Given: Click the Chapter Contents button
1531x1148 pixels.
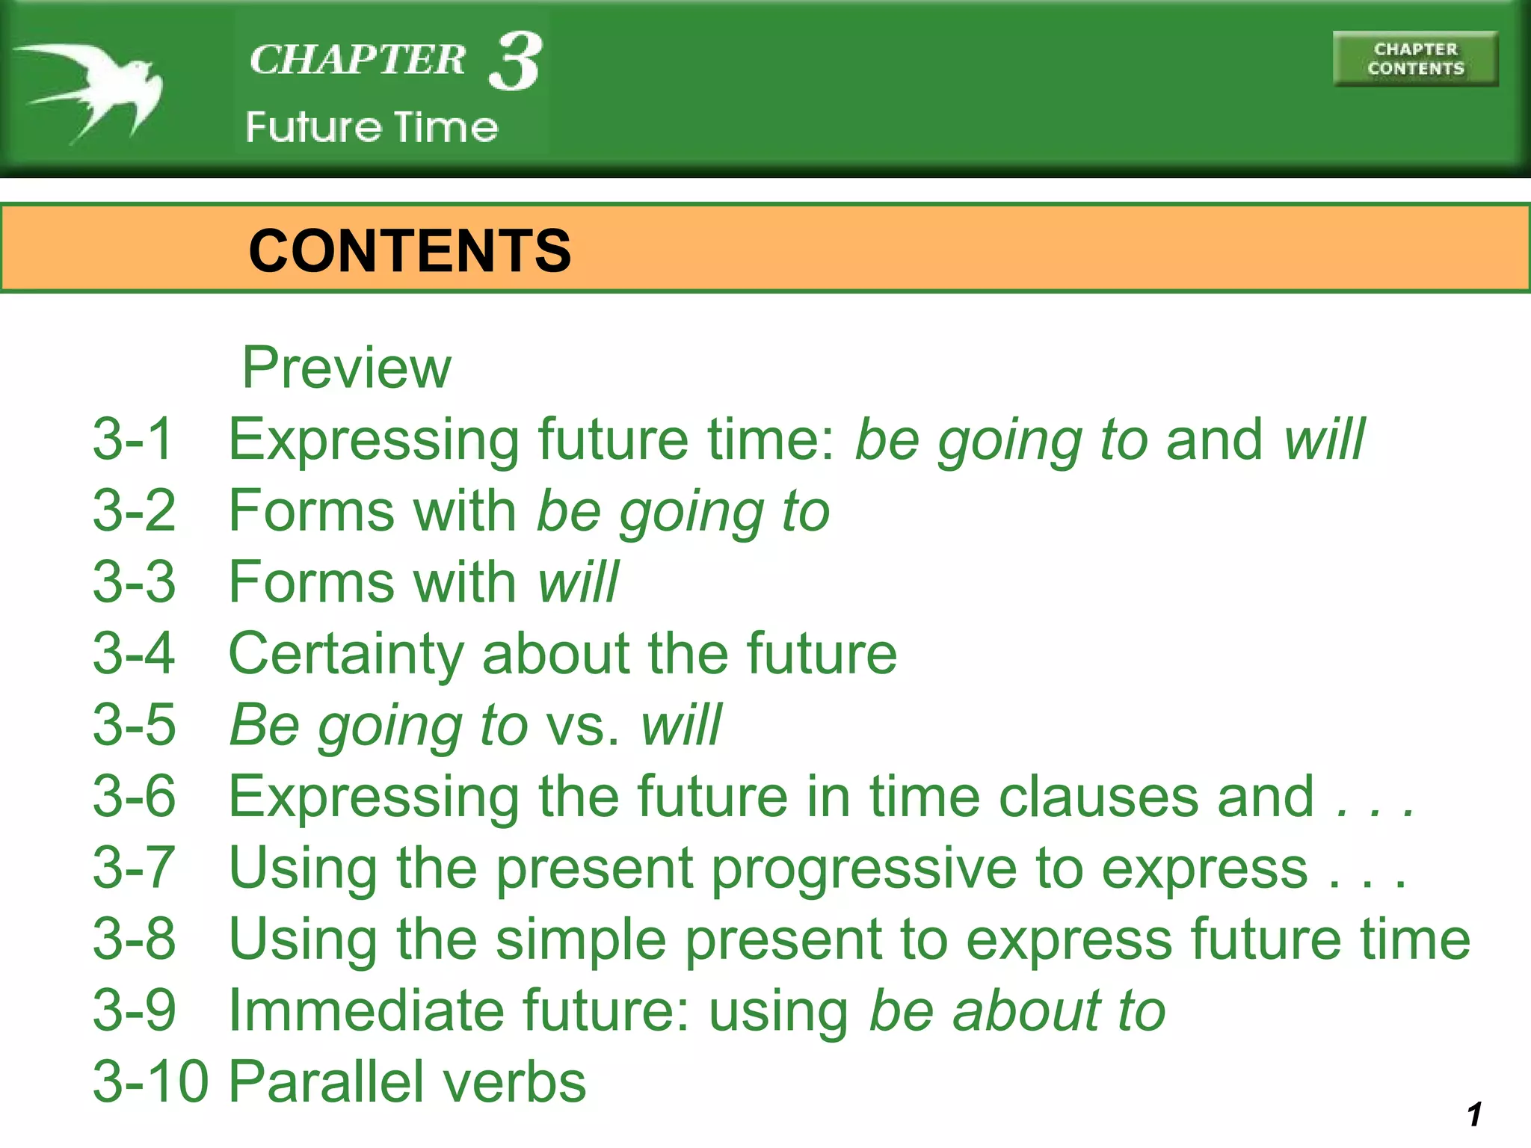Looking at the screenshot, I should click(x=1415, y=59).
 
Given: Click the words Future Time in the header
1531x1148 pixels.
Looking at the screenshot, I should click(x=372, y=127).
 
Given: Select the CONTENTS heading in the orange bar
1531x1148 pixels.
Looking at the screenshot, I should click(x=410, y=250).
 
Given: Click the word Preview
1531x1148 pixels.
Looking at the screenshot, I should click(x=347, y=368).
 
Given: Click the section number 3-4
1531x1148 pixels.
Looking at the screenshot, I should click(x=134, y=653).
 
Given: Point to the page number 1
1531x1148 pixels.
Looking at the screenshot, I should click(x=1474, y=1114).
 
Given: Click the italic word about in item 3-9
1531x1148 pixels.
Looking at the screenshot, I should click(x=1027, y=1010).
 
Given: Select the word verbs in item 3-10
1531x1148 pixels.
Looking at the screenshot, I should click(x=515, y=1081).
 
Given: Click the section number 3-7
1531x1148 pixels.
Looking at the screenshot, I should click(x=134, y=868).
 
